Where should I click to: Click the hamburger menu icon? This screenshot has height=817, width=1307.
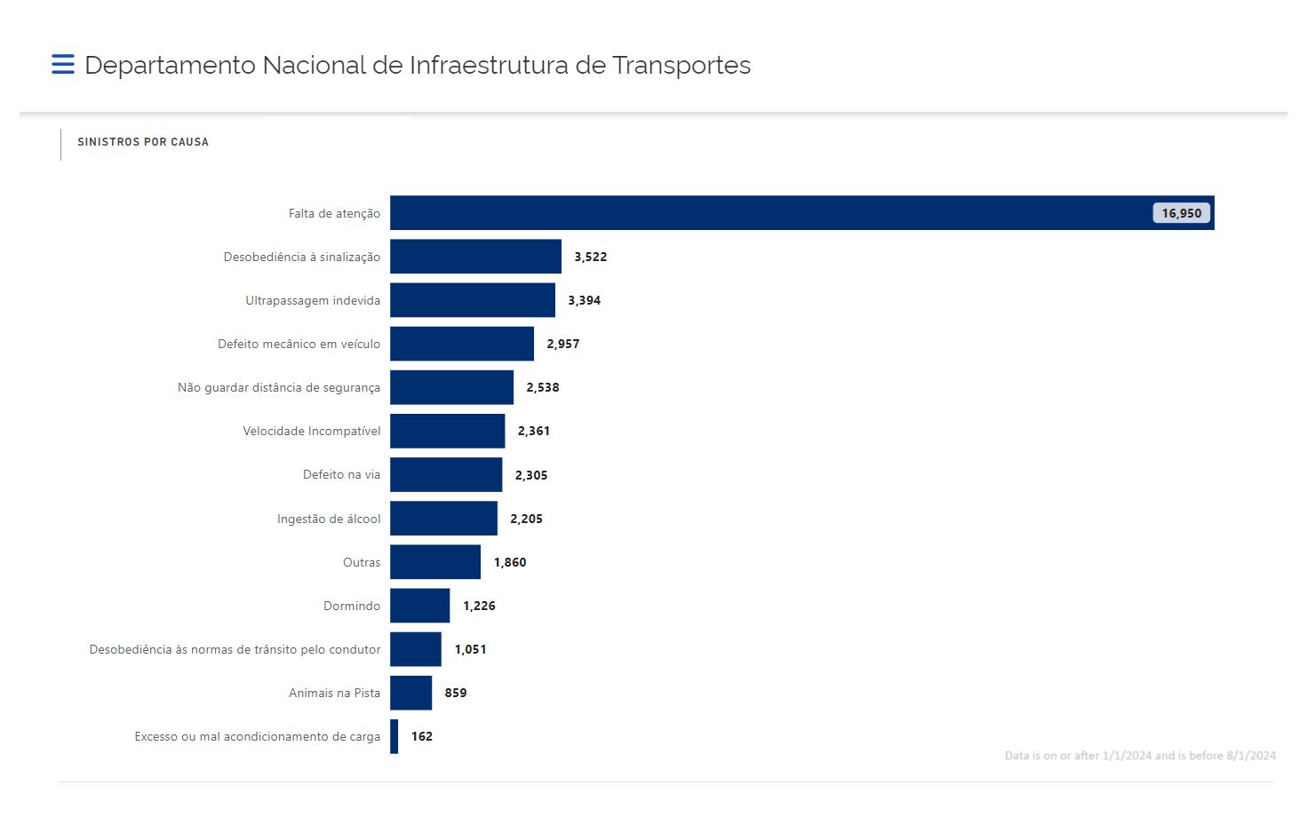(62, 65)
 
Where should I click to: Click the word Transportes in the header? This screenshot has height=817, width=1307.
(681, 66)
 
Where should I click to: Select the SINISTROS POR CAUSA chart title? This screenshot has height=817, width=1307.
(143, 142)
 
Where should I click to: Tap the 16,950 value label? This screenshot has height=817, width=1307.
(1181, 213)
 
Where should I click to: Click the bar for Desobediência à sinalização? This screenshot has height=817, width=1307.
(475, 257)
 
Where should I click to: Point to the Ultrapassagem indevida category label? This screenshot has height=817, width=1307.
(313, 300)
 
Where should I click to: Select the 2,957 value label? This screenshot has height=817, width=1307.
(562, 344)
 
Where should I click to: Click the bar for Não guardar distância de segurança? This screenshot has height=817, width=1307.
(451, 387)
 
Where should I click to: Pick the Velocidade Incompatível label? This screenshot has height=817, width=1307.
(311, 431)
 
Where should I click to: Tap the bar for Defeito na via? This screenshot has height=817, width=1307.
(446, 474)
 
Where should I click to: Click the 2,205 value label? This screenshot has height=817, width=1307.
(526, 519)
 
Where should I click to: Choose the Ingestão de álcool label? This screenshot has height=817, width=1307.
(329, 519)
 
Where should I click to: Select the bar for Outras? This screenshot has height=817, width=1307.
(435, 562)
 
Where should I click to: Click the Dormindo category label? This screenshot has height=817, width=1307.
(351, 606)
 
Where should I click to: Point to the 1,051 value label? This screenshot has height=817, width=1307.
(470, 649)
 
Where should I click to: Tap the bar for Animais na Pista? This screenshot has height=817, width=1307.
(410, 693)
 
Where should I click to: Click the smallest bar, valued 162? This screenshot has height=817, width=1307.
(394, 736)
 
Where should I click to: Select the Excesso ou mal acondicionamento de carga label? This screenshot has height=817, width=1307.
(257, 736)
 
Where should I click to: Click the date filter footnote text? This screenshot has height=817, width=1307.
(1140, 756)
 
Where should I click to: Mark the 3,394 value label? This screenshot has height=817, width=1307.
(584, 300)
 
